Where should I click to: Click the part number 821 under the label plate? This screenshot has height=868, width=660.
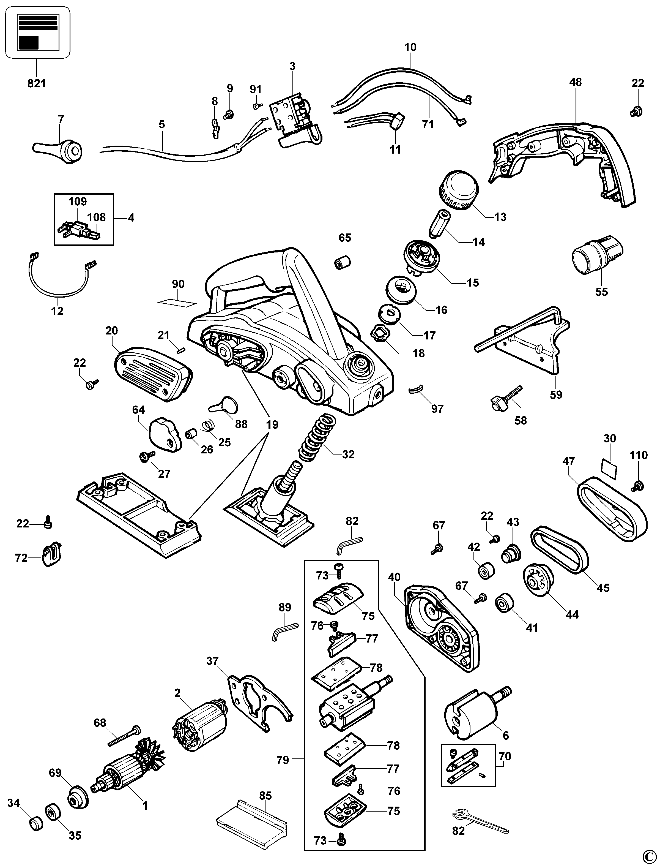pyautogui.click(x=37, y=83)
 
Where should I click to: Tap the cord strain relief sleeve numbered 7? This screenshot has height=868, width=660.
pyautogui.click(x=59, y=149)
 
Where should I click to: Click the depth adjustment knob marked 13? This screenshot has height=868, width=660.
pyautogui.click(x=458, y=193)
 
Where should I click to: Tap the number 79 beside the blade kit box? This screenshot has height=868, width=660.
pyautogui.click(x=283, y=760)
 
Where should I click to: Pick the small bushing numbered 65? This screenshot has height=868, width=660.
pyautogui.click(x=342, y=262)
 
